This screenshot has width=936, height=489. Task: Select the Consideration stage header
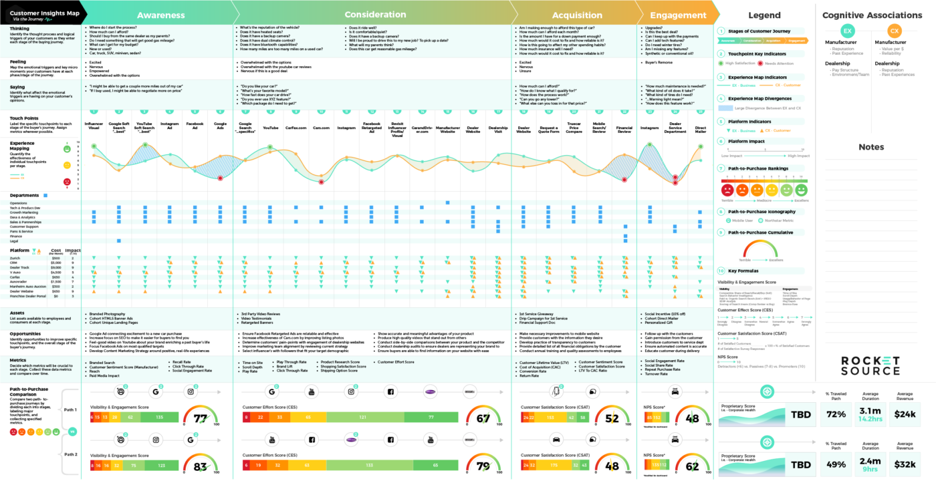[375, 14]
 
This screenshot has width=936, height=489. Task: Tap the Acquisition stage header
[576, 15]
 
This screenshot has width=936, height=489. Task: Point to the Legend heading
[764, 15]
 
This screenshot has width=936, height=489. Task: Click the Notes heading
[871, 147]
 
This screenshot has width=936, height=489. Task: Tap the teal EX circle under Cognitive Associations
[847, 31]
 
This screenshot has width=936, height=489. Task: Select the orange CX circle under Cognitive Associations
[894, 31]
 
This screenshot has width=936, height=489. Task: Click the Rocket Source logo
[870, 365]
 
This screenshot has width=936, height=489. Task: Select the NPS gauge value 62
[692, 466]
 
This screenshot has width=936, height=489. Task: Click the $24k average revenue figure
[905, 414]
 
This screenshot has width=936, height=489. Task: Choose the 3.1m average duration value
[870, 411]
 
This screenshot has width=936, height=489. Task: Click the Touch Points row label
[23, 118]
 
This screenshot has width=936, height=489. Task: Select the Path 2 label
[70, 454]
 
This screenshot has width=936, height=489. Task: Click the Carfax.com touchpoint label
[296, 126]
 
